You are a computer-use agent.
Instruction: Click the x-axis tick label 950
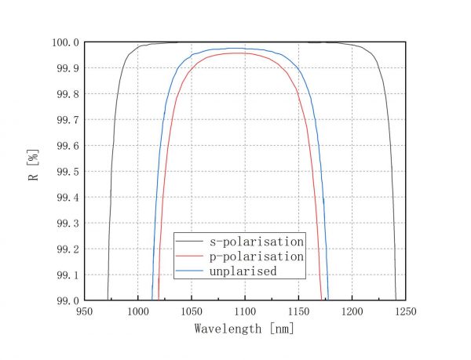pos(84,311)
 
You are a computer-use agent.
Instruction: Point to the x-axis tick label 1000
pos(137,311)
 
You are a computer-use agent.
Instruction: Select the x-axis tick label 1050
pos(191,311)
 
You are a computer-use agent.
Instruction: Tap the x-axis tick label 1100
pos(244,311)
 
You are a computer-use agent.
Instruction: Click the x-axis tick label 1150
pos(298,311)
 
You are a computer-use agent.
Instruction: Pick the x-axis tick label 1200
pos(352,311)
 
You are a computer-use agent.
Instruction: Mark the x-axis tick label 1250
pos(405,311)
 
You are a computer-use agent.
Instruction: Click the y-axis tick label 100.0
pos(65,42)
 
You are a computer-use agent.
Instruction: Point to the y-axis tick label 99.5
pos(68,172)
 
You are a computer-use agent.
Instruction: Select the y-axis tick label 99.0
pos(68,300)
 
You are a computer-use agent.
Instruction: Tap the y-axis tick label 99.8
pos(68,94)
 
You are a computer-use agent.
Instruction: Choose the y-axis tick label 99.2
pos(68,249)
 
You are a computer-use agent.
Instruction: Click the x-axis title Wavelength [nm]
pos(244,329)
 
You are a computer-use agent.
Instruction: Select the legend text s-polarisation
pos(256,242)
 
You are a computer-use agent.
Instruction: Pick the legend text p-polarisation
pos(256,256)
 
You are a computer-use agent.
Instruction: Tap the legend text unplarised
pos(243,271)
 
